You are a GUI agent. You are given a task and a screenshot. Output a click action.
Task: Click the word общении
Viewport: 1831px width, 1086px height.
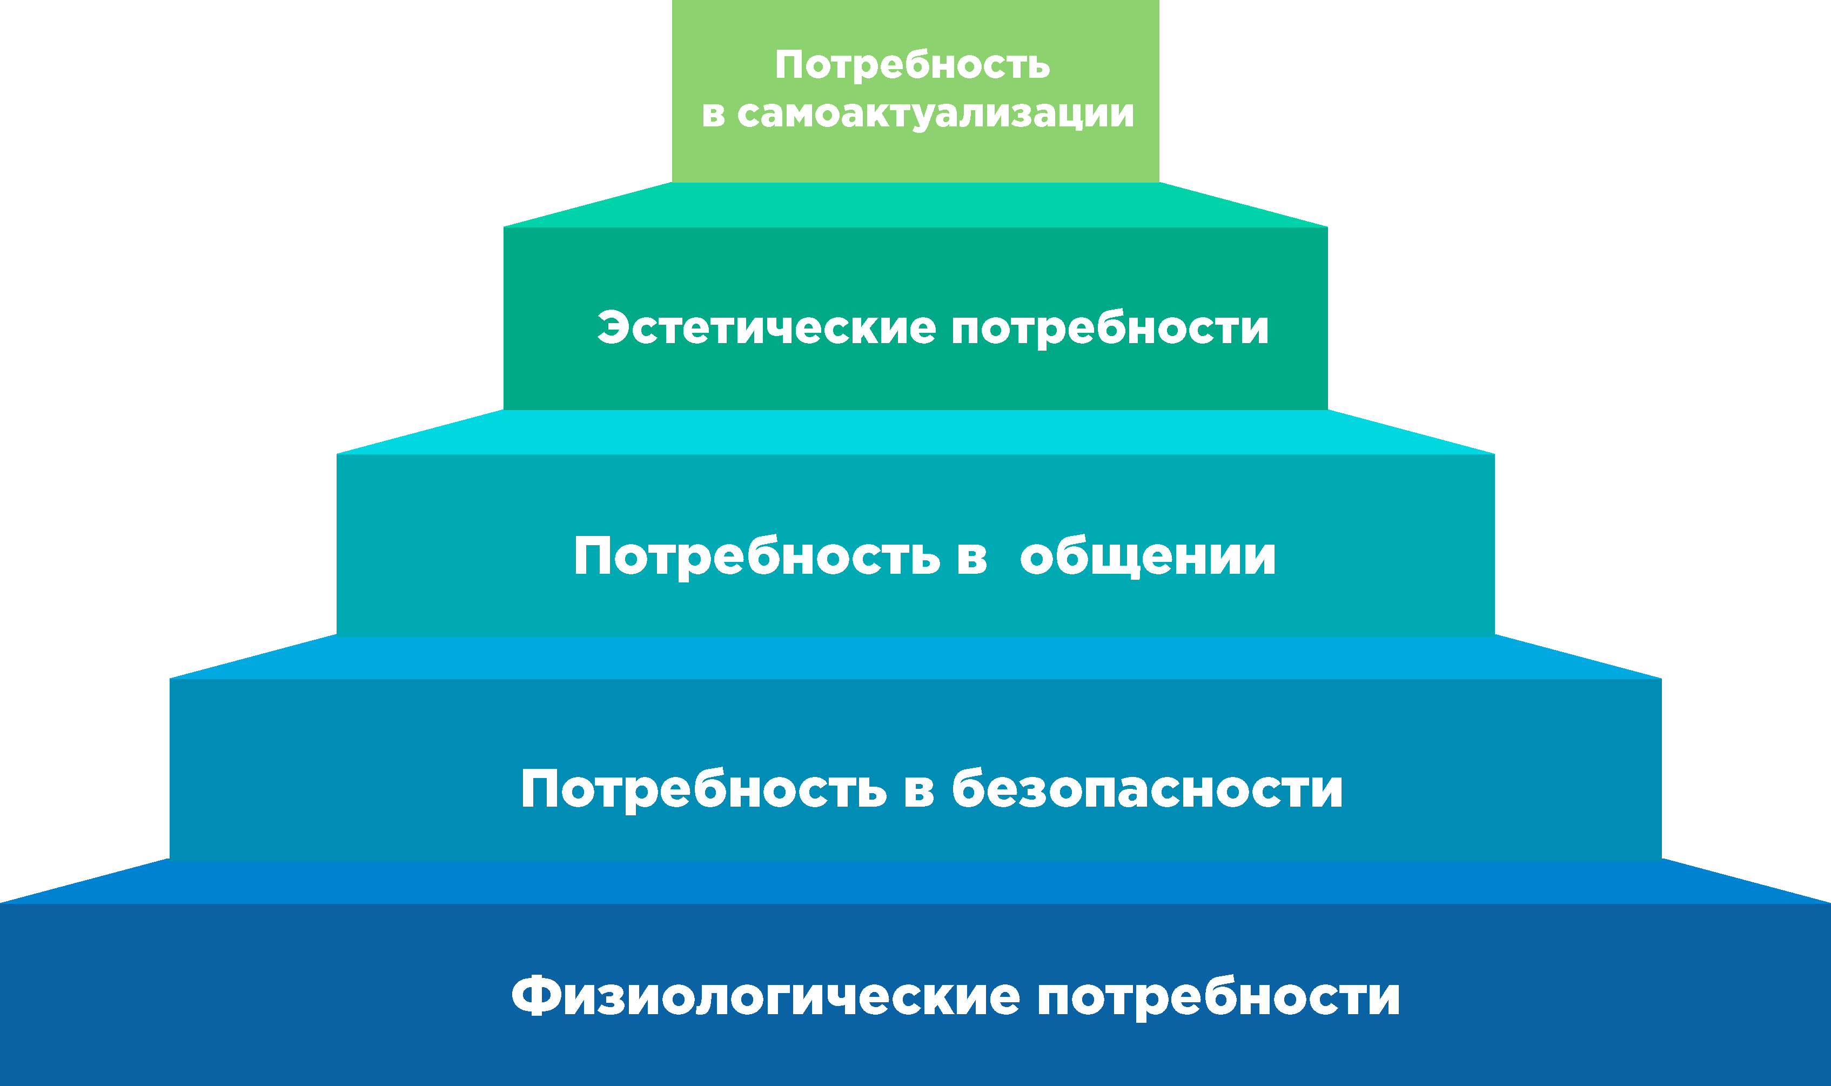pos(1148,557)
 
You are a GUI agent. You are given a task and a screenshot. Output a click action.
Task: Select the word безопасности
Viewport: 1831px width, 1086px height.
pos(1148,788)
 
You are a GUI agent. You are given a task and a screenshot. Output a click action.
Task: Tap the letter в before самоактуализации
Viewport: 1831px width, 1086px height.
pos(714,116)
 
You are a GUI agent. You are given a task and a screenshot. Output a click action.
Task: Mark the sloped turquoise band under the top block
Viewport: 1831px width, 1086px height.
pos(915,205)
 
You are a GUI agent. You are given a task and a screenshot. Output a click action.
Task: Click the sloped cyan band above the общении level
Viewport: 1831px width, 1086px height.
pos(915,432)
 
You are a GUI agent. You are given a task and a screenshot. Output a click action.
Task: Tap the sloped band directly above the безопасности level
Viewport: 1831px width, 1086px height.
pos(915,657)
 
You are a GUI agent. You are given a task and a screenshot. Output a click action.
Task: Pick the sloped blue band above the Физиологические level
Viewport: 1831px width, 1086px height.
pos(915,881)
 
